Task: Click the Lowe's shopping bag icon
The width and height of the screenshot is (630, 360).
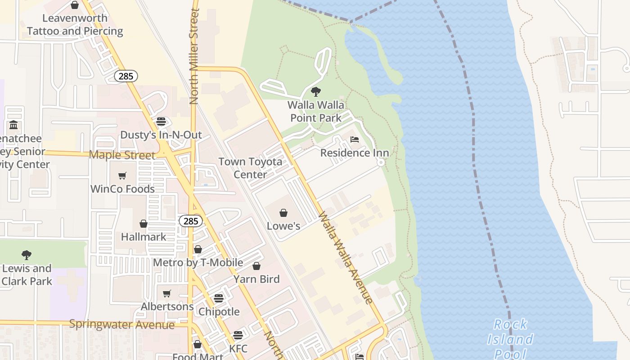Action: tap(283, 213)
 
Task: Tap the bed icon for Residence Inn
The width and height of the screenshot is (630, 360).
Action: tap(355, 139)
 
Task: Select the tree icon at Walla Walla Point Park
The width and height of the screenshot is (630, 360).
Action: tap(316, 92)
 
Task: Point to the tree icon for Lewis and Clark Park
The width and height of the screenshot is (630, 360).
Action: tap(27, 255)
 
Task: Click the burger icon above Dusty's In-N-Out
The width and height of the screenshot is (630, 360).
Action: tap(161, 121)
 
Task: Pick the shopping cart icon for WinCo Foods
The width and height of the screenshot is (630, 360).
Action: tap(122, 175)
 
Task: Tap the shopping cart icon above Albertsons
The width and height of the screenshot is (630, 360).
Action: tap(167, 293)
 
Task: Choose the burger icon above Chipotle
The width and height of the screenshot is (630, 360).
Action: tap(219, 298)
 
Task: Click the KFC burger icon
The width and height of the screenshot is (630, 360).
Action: tap(238, 335)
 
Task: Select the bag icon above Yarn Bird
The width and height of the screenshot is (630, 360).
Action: tap(256, 266)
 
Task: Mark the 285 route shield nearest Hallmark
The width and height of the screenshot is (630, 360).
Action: tap(191, 221)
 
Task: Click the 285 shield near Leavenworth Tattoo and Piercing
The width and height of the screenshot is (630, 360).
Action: tap(126, 76)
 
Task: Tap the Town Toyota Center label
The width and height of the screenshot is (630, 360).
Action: tap(250, 168)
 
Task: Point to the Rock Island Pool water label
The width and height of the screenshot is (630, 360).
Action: tap(510, 339)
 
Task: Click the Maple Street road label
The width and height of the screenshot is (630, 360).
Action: tap(122, 155)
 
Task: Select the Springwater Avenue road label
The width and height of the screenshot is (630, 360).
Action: tap(121, 324)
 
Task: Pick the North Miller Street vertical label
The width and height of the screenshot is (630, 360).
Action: tap(194, 56)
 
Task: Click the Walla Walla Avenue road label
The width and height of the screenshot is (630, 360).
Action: tap(345, 257)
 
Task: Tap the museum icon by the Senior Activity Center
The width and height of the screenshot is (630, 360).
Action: tap(13, 125)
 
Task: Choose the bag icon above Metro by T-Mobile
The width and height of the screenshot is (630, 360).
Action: tap(198, 249)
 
